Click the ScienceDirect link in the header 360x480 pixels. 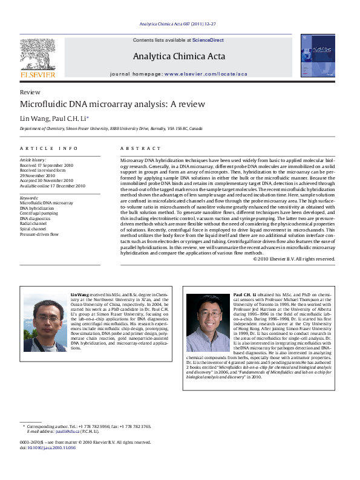coord(208,41)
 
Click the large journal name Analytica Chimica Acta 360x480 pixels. coord(179,57)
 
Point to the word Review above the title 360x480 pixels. coord(30,92)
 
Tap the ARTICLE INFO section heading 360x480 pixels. coord(49,148)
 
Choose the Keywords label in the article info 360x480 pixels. coord(29,198)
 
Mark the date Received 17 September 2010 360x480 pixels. coord(47,164)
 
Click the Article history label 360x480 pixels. coord(33,160)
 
